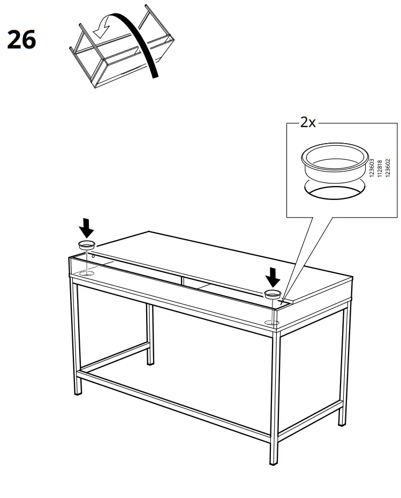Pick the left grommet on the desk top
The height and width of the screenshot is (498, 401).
point(87,246)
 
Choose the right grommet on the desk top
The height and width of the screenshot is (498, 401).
point(273,294)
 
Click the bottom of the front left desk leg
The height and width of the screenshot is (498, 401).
point(78,392)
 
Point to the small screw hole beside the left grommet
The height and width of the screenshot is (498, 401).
point(94,256)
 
